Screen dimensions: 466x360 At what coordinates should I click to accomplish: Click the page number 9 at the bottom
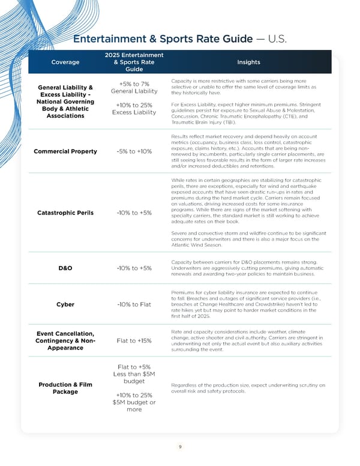click(x=180, y=446)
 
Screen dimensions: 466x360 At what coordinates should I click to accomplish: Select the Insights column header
click(x=248, y=61)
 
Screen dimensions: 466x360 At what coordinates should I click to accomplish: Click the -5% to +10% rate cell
click(x=134, y=151)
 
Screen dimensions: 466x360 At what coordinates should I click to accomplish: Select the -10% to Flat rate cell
click(x=134, y=304)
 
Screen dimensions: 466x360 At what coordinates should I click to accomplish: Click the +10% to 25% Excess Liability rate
click(x=134, y=108)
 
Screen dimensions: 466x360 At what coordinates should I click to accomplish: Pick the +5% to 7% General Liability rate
click(x=134, y=87)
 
